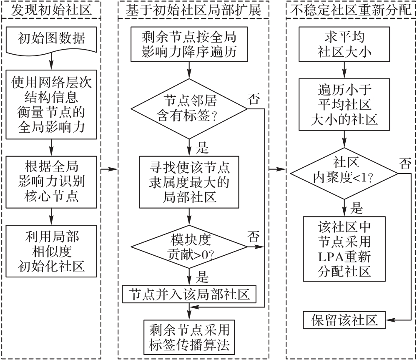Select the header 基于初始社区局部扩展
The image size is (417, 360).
[x=193, y=9]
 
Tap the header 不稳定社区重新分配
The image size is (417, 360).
[x=350, y=9]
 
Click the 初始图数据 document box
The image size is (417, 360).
[x=51, y=40]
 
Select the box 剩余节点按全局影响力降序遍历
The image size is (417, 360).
[x=190, y=45]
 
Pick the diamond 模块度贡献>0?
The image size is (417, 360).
[x=190, y=247]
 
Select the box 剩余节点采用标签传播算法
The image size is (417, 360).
[x=190, y=337]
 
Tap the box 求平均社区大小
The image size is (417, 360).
[x=344, y=45]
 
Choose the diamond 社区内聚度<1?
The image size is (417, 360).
[x=344, y=172]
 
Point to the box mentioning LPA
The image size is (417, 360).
[x=344, y=249]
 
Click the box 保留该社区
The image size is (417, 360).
[x=344, y=320]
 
